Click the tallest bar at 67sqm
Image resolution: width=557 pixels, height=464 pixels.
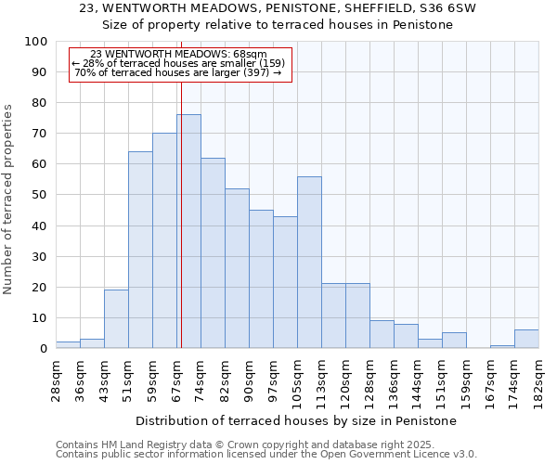pyautogui.click(x=188, y=231)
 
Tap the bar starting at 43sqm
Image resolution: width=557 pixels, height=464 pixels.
pyautogui.click(x=116, y=318)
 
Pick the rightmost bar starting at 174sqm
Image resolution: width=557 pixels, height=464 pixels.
pyautogui.click(x=526, y=339)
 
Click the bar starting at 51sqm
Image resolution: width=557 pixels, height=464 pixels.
pyautogui.click(x=140, y=250)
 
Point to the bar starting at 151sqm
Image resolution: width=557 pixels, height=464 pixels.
pyautogui.click(x=454, y=341)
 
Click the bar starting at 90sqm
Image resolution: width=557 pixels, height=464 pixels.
pyautogui.click(x=261, y=278)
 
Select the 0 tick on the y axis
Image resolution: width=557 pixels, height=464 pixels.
pyautogui.click(x=43, y=349)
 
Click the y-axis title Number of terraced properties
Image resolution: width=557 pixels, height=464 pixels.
pyautogui.click(x=9, y=199)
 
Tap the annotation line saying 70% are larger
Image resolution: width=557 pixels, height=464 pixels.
pyautogui.click(x=177, y=72)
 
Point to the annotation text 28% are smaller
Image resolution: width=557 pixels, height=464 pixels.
pyautogui.click(x=177, y=63)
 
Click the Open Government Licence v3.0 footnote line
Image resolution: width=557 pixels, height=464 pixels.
pyautogui.click(x=266, y=455)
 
